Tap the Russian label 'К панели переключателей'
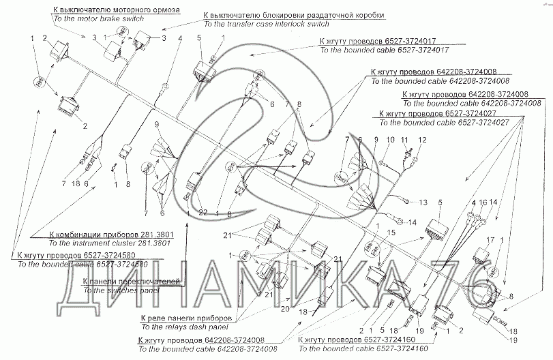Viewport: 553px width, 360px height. point(130,281)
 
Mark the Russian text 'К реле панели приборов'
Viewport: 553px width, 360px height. point(186,318)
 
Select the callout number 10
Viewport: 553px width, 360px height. point(391,139)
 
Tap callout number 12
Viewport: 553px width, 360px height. point(421,139)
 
